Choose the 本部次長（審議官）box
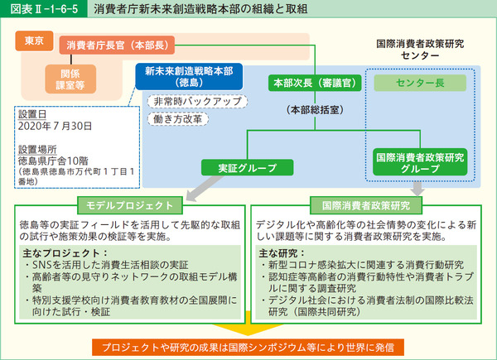click(303, 83)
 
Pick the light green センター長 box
click(419, 84)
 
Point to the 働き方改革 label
click(176, 119)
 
